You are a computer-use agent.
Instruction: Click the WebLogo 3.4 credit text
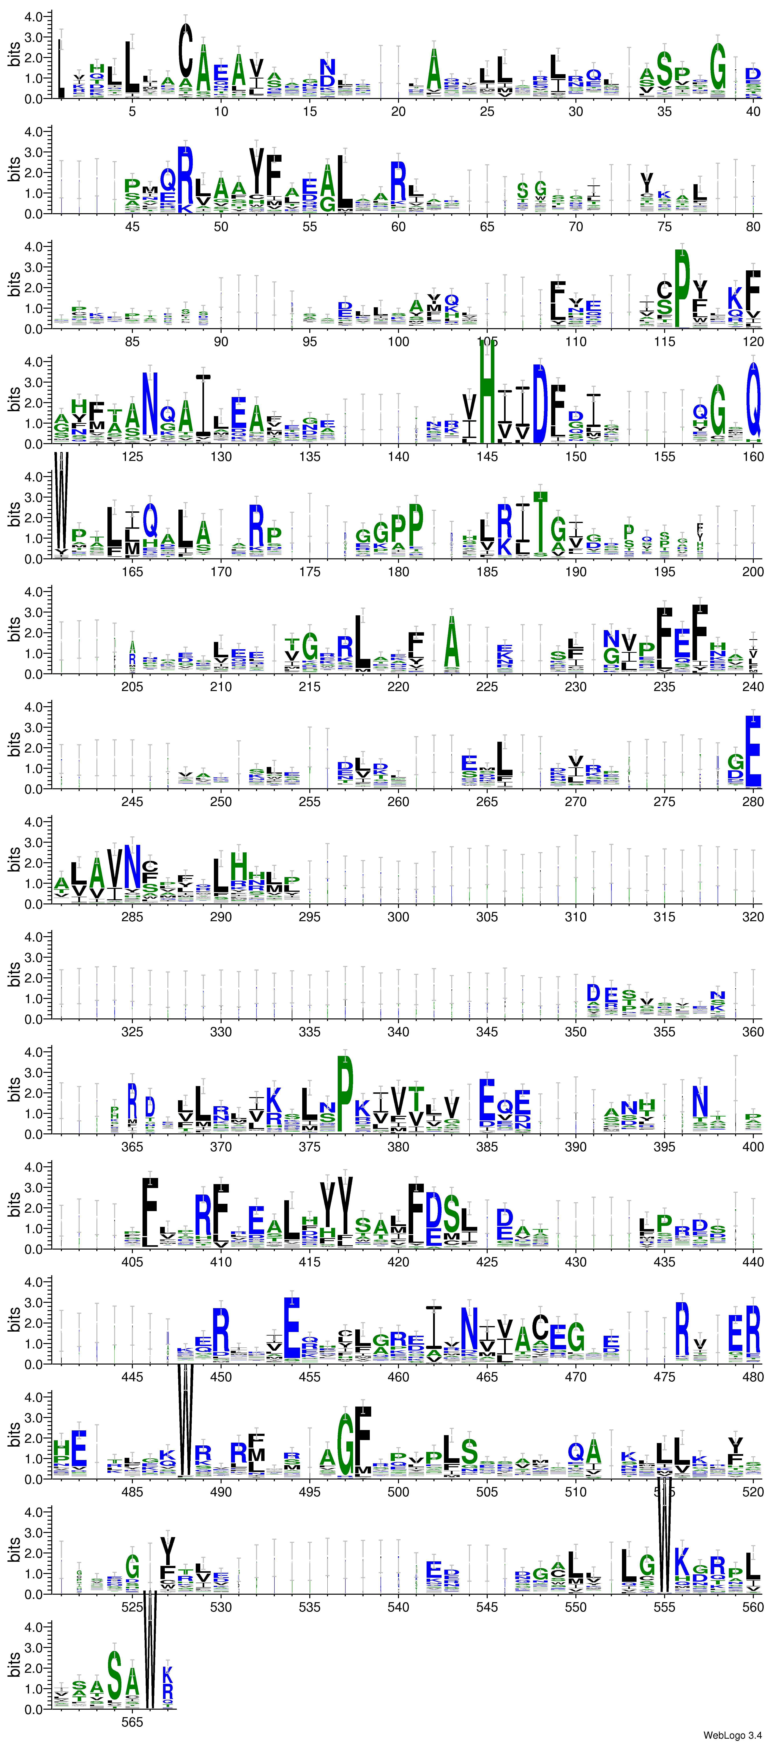[732, 1735]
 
